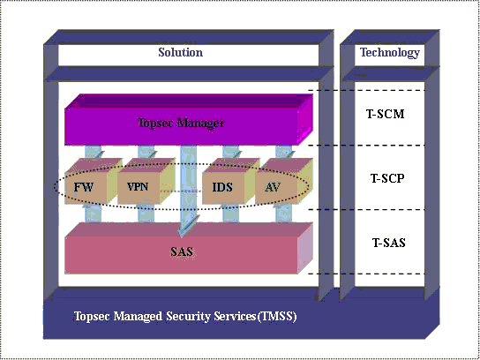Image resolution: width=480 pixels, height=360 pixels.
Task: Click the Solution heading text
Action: coord(180,52)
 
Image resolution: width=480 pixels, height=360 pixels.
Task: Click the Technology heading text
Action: coord(389,53)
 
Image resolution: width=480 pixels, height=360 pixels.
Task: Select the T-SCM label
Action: coord(386,114)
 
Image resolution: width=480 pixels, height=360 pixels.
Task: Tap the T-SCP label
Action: coord(387,178)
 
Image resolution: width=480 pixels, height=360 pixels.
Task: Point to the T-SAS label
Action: coord(389,243)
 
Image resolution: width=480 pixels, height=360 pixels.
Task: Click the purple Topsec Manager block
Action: coord(189,119)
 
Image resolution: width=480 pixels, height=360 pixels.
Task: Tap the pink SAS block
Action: coord(189,248)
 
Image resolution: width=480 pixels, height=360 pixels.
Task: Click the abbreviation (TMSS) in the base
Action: coord(277,316)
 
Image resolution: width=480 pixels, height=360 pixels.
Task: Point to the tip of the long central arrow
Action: coord(182,237)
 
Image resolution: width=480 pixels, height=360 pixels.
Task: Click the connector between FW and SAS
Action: coord(93,213)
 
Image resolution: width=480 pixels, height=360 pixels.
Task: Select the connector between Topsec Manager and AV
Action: coord(284,152)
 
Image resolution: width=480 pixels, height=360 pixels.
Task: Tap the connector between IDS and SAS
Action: coord(230,213)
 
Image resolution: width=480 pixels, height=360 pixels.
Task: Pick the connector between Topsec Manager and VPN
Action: coord(146,152)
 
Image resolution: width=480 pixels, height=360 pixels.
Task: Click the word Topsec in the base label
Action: coord(92,316)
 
